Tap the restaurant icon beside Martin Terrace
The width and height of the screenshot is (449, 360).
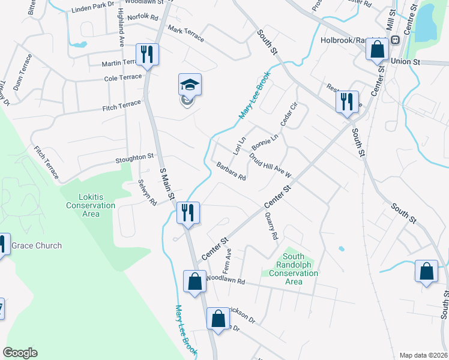[146, 55]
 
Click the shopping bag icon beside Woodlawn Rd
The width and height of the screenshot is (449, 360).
[195, 281]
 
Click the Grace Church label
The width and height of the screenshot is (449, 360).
[36, 245]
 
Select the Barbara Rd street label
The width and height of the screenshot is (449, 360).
[232, 172]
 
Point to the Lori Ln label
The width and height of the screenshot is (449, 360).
[239, 145]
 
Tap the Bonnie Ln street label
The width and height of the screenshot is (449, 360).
[265, 142]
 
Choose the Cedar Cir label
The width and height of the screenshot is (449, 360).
[289, 114]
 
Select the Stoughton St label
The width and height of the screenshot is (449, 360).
[134, 158]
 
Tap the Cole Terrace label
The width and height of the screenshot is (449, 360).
[122, 78]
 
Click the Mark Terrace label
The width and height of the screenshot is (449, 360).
[185, 34]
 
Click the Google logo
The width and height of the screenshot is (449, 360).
[20, 352]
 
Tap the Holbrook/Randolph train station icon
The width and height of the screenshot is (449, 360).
[395, 40]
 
